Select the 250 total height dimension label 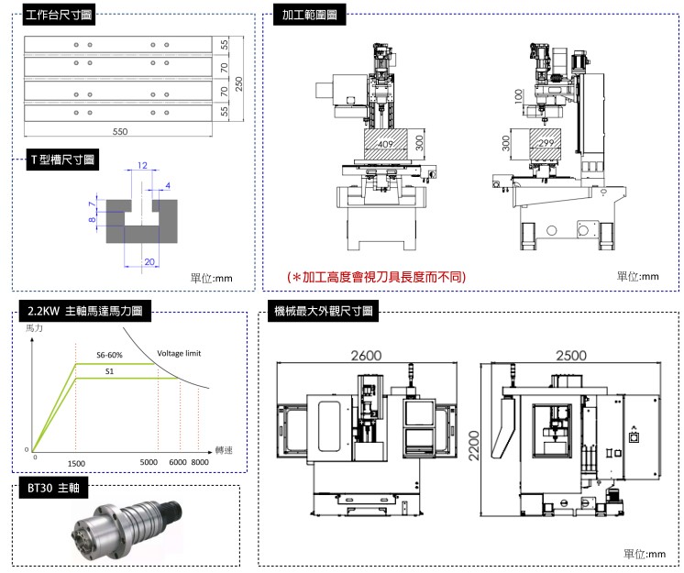[x=239, y=83]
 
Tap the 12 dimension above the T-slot [x=141, y=166]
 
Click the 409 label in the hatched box [x=385, y=143]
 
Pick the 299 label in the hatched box [x=546, y=143]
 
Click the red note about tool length [x=376, y=276]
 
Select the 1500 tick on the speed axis [x=76, y=464]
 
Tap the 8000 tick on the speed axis [x=200, y=464]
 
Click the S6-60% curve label [x=109, y=354]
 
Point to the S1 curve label [x=109, y=371]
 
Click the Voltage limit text [x=179, y=353]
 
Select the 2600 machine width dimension [x=367, y=356]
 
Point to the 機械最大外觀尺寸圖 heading [x=321, y=312]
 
